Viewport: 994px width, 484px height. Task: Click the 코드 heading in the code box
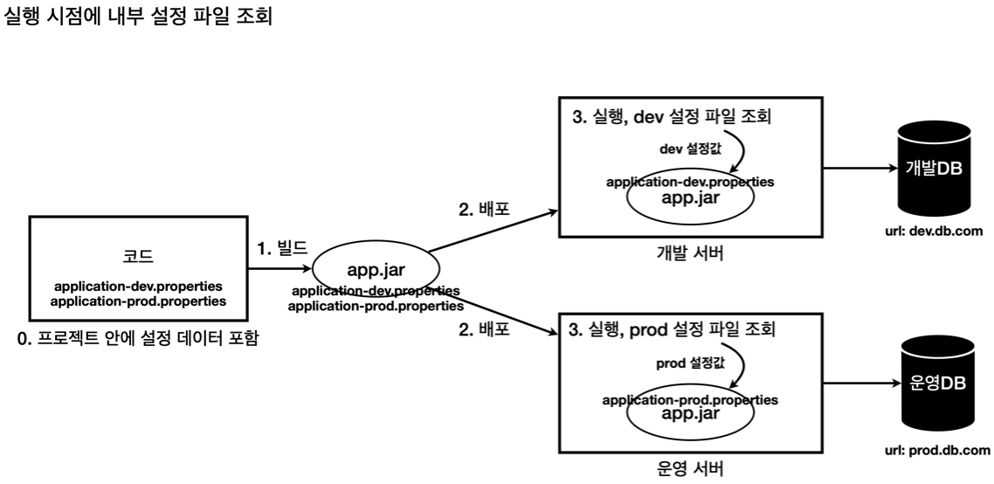coord(138,256)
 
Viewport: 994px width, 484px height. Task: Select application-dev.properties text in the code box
coord(138,287)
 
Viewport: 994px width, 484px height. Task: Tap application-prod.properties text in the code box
coord(138,301)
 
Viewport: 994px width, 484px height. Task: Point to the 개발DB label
coord(934,169)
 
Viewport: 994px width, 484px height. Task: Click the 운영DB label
coord(937,384)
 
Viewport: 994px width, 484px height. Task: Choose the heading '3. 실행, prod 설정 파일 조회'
coord(673,330)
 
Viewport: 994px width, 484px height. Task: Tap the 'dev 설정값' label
coord(690,149)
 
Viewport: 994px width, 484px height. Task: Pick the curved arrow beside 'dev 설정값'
coord(738,151)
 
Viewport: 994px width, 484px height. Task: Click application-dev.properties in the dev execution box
coord(690,183)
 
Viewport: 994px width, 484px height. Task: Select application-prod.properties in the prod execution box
coord(690,400)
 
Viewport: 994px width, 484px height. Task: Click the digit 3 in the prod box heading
coord(574,330)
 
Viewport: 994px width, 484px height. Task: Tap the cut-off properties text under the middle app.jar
coord(376,289)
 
